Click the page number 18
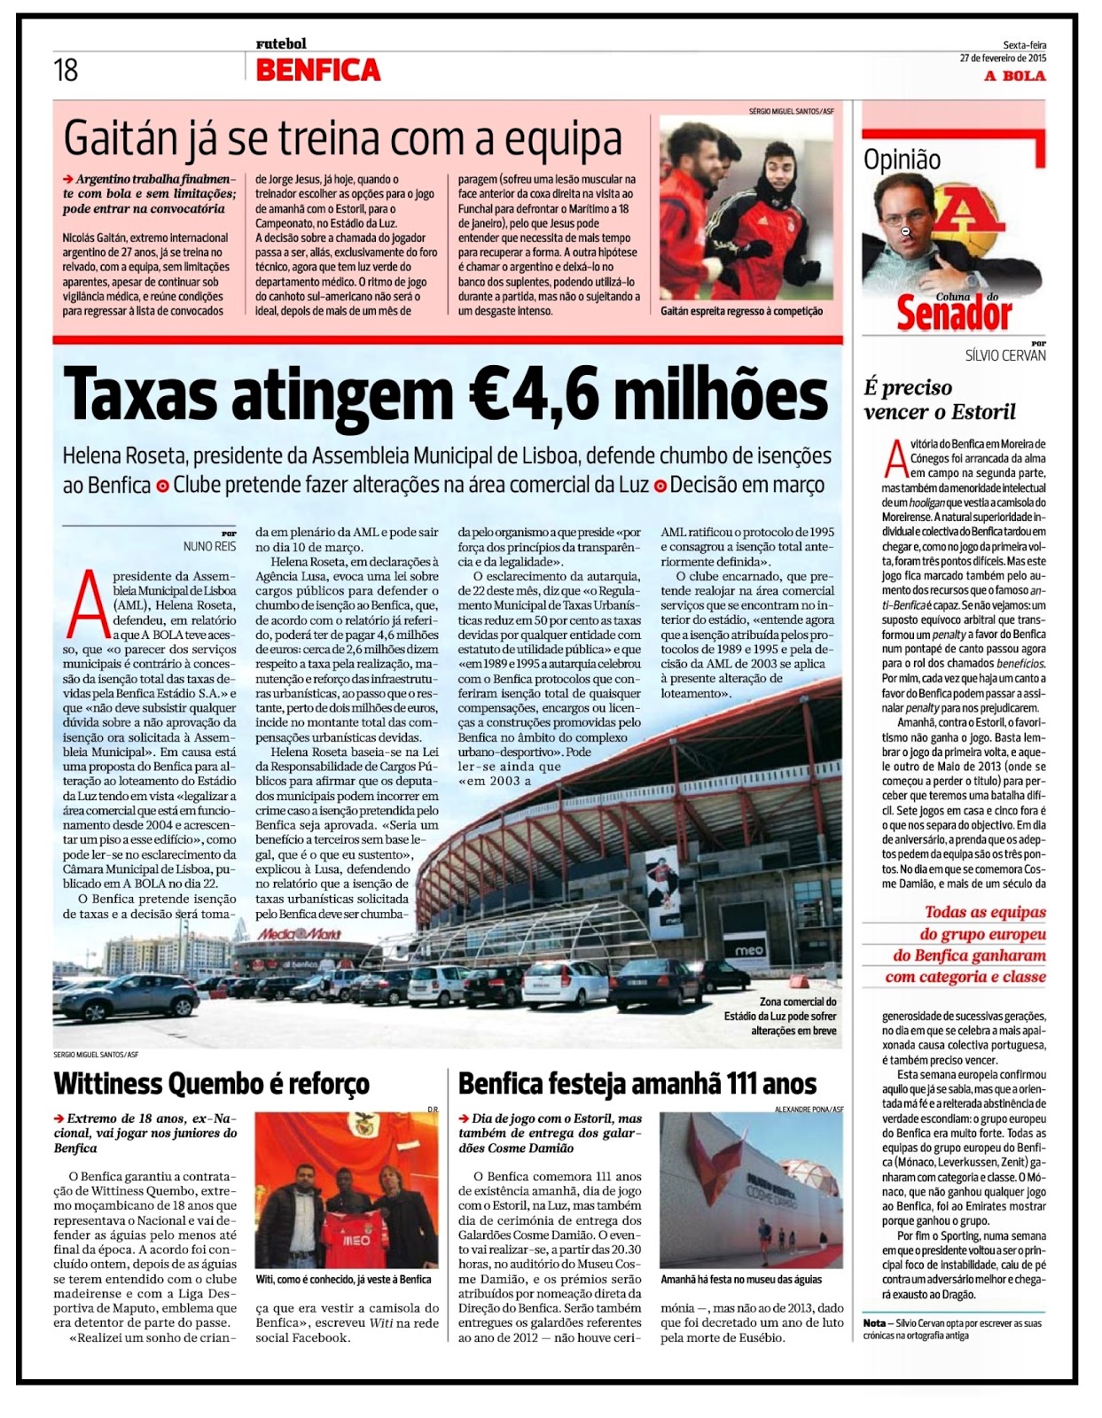pyautogui.click(x=66, y=70)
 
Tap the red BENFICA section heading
pyautogui.click(x=317, y=70)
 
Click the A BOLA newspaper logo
pyautogui.click(x=1014, y=76)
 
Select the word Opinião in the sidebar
pyautogui.click(x=902, y=160)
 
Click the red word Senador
pyautogui.click(x=953, y=314)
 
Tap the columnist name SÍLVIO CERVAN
pyautogui.click(x=1005, y=355)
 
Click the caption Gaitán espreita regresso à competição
pyautogui.click(x=741, y=311)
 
